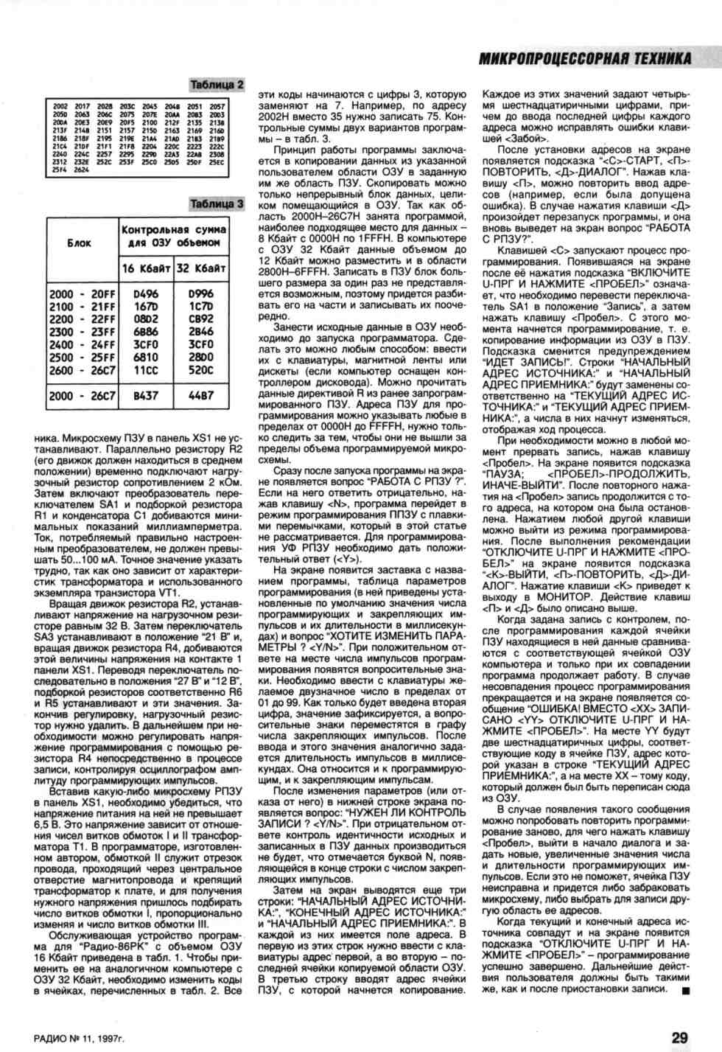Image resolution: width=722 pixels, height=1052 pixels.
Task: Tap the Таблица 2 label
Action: pos(217,86)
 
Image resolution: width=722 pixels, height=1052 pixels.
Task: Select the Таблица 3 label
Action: pos(217,203)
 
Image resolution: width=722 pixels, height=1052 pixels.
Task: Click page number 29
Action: pos(679,1037)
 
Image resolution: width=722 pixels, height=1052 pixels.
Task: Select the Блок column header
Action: pos(79,243)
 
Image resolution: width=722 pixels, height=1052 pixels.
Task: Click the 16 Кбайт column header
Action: pos(146,268)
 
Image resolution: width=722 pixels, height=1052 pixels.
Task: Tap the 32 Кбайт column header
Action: pos(201,268)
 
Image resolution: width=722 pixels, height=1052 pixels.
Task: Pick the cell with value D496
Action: pos(146,294)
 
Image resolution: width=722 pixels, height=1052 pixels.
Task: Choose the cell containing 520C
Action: pos(201,371)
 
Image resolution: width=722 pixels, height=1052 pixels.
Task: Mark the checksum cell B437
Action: pos(146,396)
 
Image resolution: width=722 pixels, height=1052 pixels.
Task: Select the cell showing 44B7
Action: pos(201,396)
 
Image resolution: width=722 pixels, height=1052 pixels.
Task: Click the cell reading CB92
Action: pos(201,319)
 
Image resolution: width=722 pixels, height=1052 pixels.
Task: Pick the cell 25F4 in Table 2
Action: pos(60,170)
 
